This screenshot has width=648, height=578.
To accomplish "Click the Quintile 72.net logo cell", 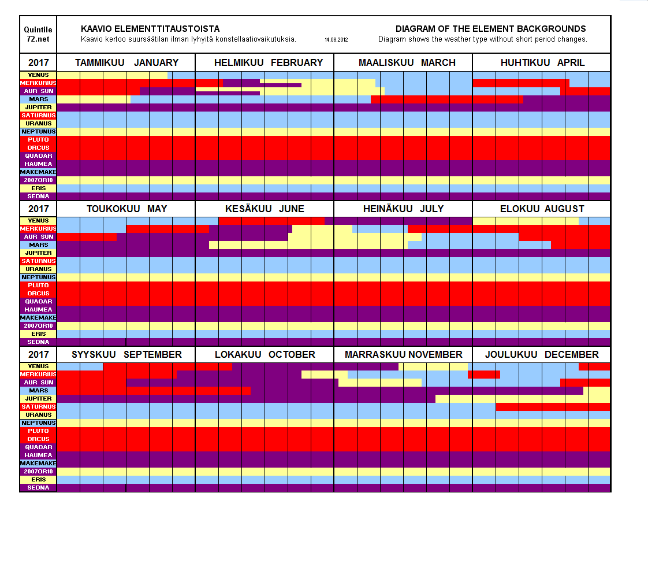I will [38, 34].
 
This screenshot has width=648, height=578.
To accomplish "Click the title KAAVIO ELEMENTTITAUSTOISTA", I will [150, 29].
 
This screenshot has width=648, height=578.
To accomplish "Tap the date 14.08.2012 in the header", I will [336, 40].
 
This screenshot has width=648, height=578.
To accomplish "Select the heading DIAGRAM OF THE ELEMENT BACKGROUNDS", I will [490, 29].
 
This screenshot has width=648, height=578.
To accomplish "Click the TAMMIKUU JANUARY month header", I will [126, 62].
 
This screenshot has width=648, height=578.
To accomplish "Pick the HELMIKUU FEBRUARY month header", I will [269, 62].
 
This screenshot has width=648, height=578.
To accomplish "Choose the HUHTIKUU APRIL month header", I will [542, 62].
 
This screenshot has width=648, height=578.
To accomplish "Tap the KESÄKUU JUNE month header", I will [265, 209].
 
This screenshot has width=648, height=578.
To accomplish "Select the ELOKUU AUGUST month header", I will [542, 209].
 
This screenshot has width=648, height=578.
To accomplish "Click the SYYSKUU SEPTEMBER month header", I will [126, 354].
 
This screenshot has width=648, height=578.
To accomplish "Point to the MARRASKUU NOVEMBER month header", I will [403, 354].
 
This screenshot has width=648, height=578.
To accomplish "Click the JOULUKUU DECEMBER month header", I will [542, 354].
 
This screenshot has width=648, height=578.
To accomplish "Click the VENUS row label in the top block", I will [39, 75].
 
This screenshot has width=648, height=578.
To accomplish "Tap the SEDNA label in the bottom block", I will [39, 488].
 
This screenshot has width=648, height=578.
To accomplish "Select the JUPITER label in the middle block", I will [39, 253].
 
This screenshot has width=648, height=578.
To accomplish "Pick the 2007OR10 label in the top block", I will [39, 180].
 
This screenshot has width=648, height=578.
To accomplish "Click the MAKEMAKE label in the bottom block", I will [39, 464].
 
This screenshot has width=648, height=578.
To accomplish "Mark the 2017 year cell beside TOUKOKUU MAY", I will [39, 209].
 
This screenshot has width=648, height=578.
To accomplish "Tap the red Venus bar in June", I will [271, 221].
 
